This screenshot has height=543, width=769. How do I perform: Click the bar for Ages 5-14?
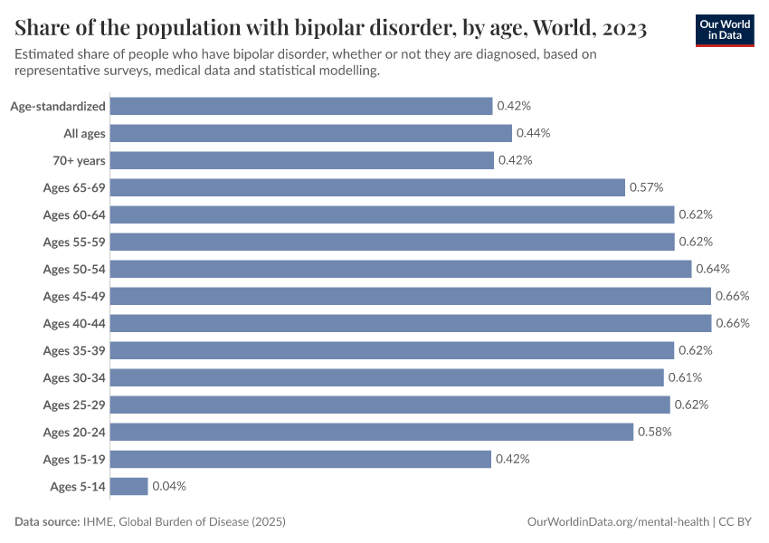[128, 486]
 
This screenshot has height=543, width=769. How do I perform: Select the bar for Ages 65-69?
[367, 187]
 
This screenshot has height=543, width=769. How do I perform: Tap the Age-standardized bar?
[301, 106]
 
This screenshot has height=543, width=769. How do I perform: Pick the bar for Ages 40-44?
[411, 323]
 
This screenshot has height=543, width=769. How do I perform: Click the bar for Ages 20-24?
[372, 432]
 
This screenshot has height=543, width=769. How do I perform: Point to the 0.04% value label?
[169, 486]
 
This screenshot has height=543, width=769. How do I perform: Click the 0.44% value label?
[533, 133]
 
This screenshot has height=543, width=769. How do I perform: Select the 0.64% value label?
[713, 269]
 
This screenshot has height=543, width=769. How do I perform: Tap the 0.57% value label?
[647, 187]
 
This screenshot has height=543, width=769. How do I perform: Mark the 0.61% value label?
[685, 377]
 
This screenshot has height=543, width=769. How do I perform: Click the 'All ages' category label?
[84, 133]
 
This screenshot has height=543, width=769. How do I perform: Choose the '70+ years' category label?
[79, 160]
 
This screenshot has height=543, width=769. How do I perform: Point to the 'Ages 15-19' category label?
[74, 459]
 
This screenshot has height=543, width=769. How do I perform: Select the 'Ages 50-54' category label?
[74, 269]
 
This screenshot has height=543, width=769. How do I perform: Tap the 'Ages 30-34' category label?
[74, 377]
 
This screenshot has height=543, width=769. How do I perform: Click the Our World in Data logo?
[724, 30]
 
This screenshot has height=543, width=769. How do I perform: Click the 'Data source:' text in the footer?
[47, 522]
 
